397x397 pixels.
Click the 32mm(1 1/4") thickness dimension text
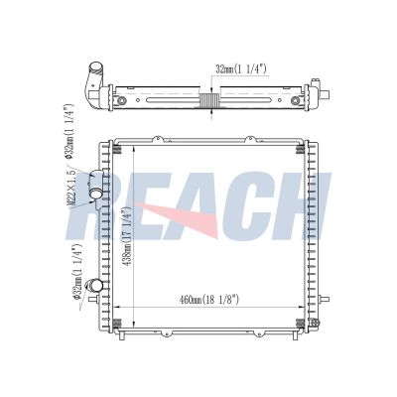[x=241, y=69]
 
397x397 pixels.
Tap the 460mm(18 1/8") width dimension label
[x=209, y=300]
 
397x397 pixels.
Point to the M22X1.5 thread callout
[x=72, y=188]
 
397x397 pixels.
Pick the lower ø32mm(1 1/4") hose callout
[x=78, y=272]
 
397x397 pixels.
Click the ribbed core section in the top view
[x=209, y=100]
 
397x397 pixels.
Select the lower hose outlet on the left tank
[x=94, y=285]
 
